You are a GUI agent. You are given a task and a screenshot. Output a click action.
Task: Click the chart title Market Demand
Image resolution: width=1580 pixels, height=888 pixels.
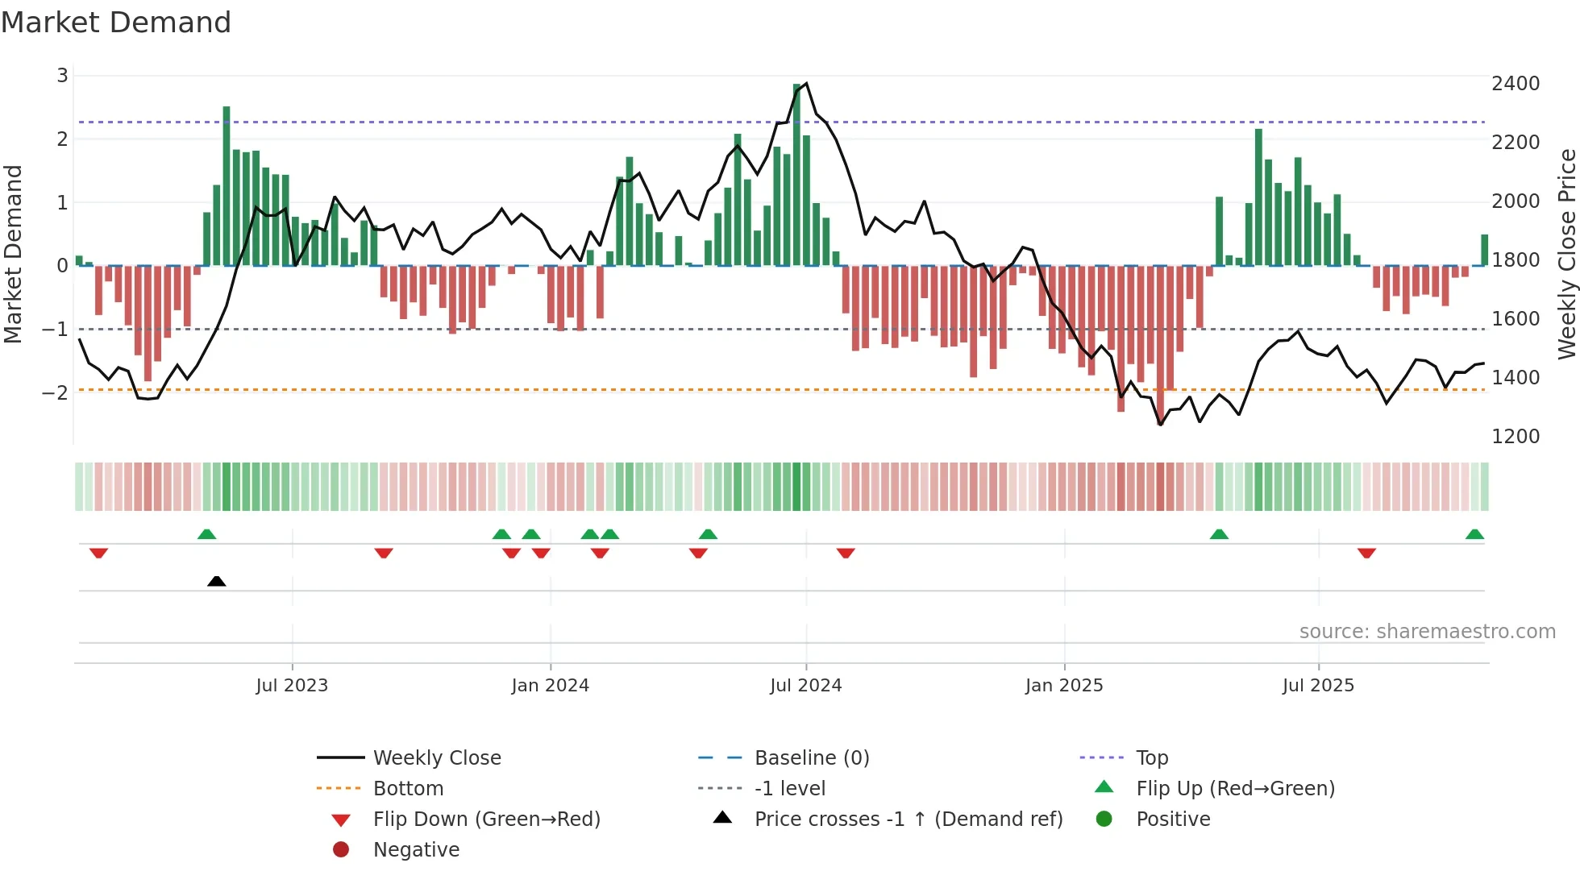click(116, 23)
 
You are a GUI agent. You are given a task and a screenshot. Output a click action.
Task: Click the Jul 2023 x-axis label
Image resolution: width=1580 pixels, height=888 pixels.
click(292, 686)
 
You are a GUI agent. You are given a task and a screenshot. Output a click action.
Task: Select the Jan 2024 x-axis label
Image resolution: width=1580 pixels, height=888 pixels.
click(551, 686)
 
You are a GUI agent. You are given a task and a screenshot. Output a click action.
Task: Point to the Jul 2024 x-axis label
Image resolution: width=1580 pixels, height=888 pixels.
click(806, 686)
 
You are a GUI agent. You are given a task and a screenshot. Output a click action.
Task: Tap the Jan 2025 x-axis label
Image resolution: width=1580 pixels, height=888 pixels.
click(1064, 686)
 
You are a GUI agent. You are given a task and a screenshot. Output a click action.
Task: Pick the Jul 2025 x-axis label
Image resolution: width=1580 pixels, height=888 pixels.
click(1319, 686)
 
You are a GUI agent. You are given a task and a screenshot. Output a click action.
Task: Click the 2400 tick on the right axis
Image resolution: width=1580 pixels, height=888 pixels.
click(1516, 84)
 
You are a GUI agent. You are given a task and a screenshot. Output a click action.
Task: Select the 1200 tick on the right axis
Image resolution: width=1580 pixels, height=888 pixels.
click(1516, 437)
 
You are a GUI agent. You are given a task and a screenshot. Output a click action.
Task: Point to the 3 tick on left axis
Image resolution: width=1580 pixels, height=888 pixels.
click(62, 76)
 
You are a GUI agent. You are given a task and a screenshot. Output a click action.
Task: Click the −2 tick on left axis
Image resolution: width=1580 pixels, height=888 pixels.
click(56, 393)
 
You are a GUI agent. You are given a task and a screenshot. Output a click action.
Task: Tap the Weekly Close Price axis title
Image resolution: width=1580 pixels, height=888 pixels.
click(1566, 254)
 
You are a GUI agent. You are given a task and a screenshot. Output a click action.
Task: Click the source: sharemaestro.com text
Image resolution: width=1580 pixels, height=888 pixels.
click(1427, 632)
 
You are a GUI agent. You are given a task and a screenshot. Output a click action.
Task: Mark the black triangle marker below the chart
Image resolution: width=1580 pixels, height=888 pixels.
click(216, 582)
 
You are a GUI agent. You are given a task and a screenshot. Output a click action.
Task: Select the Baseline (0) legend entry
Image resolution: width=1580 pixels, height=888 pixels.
click(812, 758)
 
